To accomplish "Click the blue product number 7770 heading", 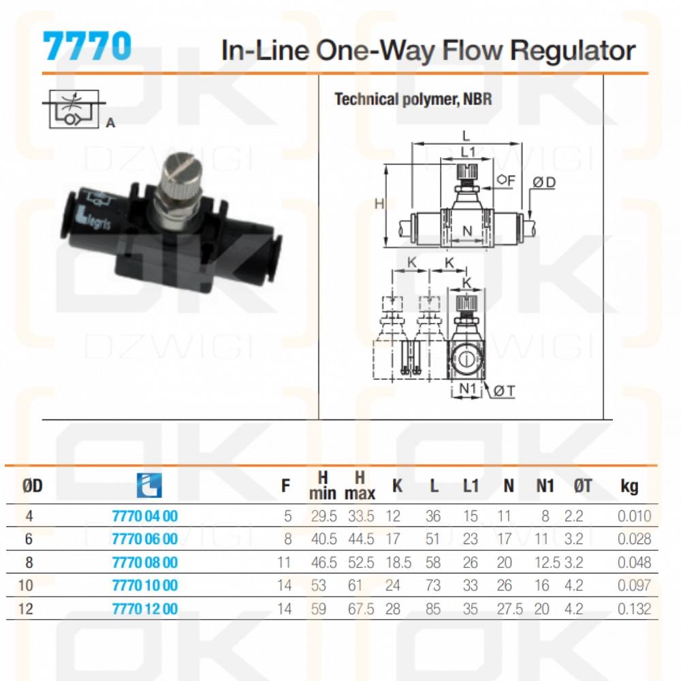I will (86, 47).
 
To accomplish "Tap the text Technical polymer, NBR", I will (413, 99).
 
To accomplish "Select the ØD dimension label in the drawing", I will (544, 182).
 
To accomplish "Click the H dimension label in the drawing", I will (379, 204).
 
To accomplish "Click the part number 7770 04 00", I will (144, 516).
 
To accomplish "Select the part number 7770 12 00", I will (144, 609).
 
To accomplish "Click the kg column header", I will (629, 486).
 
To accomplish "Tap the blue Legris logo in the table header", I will (149, 485).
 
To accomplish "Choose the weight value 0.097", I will (634, 586).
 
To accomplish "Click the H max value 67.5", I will (361, 609).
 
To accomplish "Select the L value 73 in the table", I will (432, 586).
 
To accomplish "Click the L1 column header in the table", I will (471, 486).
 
